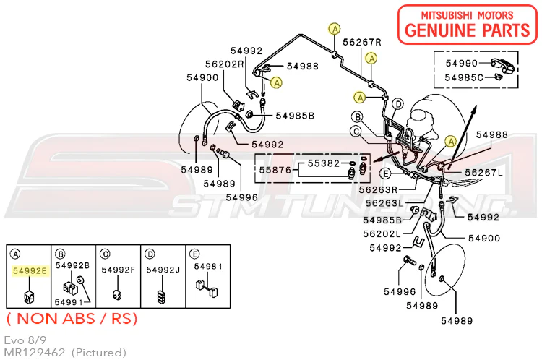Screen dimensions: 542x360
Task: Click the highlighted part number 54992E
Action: [x=30, y=270]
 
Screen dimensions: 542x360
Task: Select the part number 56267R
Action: [x=362, y=42]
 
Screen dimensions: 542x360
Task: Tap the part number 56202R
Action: [x=224, y=64]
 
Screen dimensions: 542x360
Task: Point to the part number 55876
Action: [x=275, y=170]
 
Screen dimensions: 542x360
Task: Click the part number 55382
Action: [x=324, y=163]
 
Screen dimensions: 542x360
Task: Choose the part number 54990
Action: [x=462, y=63]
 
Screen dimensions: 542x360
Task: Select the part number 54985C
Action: [x=464, y=77]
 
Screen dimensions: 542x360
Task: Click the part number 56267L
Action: [x=484, y=172]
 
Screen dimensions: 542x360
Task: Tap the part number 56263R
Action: [x=378, y=189]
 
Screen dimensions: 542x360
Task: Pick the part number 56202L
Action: [x=382, y=233]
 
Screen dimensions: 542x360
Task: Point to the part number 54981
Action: [x=208, y=266]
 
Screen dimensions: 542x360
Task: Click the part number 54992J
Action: [x=163, y=270]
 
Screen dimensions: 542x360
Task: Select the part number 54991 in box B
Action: [x=69, y=302]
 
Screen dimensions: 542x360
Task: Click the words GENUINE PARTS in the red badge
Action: [x=468, y=30]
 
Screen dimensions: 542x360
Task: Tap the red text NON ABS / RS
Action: [x=72, y=319]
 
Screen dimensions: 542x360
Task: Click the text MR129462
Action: [x=34, y=352]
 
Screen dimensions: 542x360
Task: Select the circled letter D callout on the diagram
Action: [x=398, y=104]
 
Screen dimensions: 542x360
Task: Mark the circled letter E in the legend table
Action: [x=194, y=254]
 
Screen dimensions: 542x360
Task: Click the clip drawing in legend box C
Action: [x=117, y=295]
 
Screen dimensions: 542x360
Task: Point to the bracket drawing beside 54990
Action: [x=503, y=65]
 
